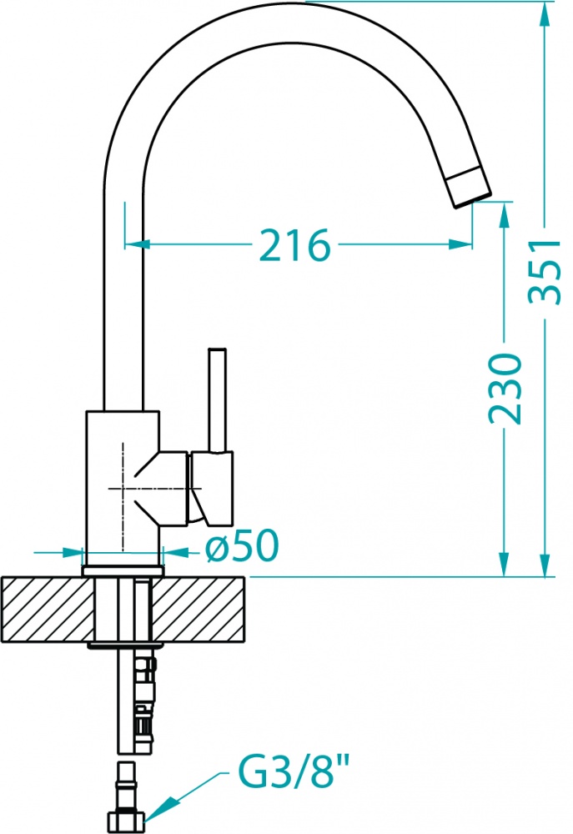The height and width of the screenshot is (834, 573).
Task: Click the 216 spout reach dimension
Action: click(295, 245)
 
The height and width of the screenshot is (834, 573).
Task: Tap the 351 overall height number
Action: click(545, 272)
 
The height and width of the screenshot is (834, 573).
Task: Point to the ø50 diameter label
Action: click(242, 545)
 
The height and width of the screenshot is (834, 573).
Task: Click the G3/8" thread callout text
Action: click(293, 773)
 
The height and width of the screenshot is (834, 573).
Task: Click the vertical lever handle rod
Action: click(217, 400)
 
